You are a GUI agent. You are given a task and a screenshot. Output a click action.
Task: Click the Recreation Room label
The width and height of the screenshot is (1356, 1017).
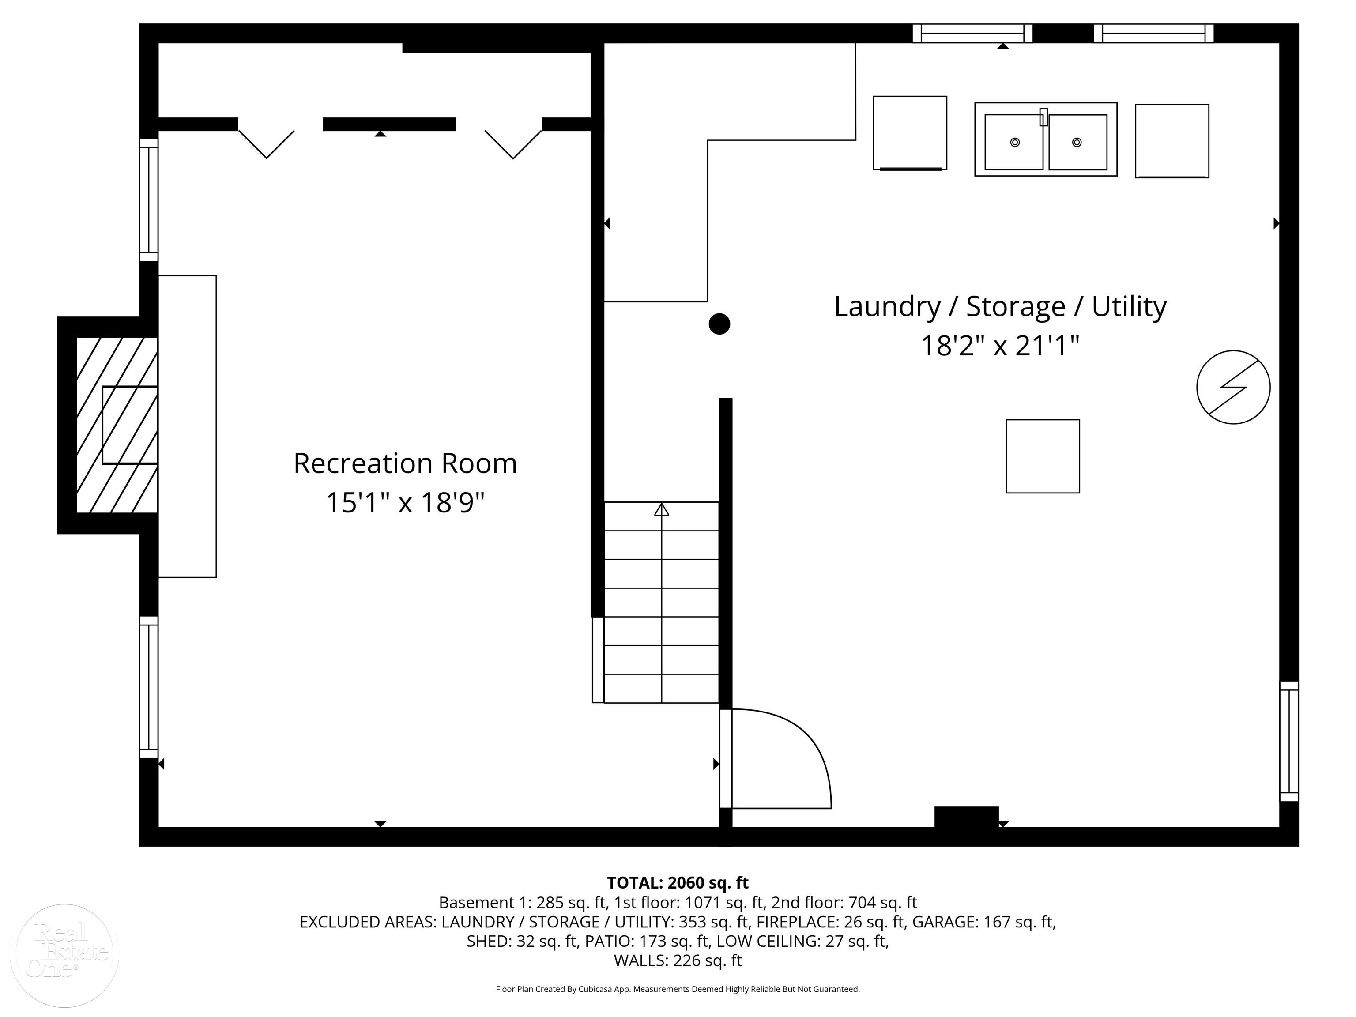(405, 463)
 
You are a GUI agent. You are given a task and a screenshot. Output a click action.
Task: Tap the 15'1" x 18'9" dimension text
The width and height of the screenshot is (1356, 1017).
(405, 503)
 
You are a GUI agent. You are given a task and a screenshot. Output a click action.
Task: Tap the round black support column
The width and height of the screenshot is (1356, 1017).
(719, 324)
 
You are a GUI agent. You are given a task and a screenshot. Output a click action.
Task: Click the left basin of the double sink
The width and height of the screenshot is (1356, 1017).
(1014, 142)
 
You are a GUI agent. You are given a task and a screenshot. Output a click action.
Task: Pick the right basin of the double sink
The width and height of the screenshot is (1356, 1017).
(1077, 142)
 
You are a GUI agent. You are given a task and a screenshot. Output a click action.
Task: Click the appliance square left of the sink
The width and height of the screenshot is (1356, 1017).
(910, 133)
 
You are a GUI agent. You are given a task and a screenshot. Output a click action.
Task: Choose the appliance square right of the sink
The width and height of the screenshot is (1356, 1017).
(1172, 141)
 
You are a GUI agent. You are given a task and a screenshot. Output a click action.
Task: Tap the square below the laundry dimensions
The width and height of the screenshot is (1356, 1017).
(1043, 456)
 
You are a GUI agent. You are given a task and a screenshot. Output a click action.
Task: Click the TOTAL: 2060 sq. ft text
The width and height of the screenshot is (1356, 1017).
(678, 883)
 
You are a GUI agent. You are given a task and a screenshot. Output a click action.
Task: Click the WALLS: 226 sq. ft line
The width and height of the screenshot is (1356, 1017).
(678, 960)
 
